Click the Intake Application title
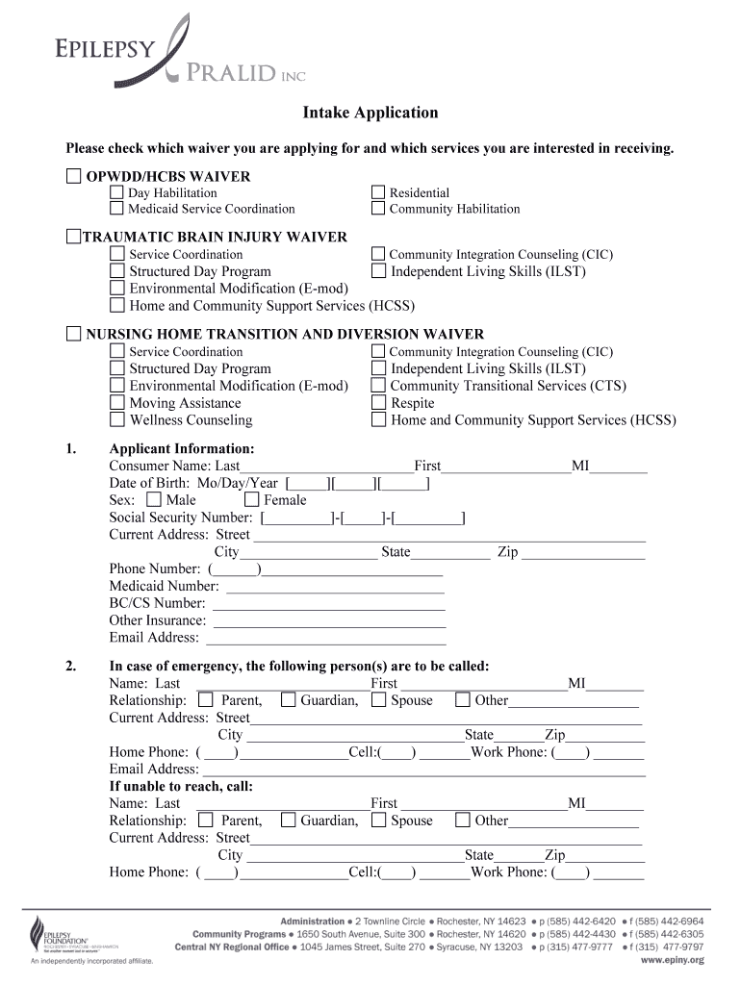pyautogui.click(x=370, y=114)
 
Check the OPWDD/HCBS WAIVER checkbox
pyautogui.click(x=74, y=176)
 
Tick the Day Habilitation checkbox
pyautogui.click(x=116, y=192)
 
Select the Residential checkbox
pyautogui.click(x=378, y=192)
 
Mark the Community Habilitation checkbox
pyautogui.click(x=378, y=209)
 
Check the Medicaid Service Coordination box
pyautogui.click(x=116, y=209)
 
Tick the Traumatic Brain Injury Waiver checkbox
pyautogui.click(x=74, y=237)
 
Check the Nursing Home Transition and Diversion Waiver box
pyautogui.click(x=74, y=334)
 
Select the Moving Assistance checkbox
pyautogui.click(x=116, y=403)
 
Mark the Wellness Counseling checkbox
pyautogui.click(x=116, y=420)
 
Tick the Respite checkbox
pyautogui.click(x=378, y=403)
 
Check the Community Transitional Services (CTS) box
pyautogui.click(x=378, y=386)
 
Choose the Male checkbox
pyautogui.click(x=154, y=500)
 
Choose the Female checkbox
pyautogui.click(x=251, y=500)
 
